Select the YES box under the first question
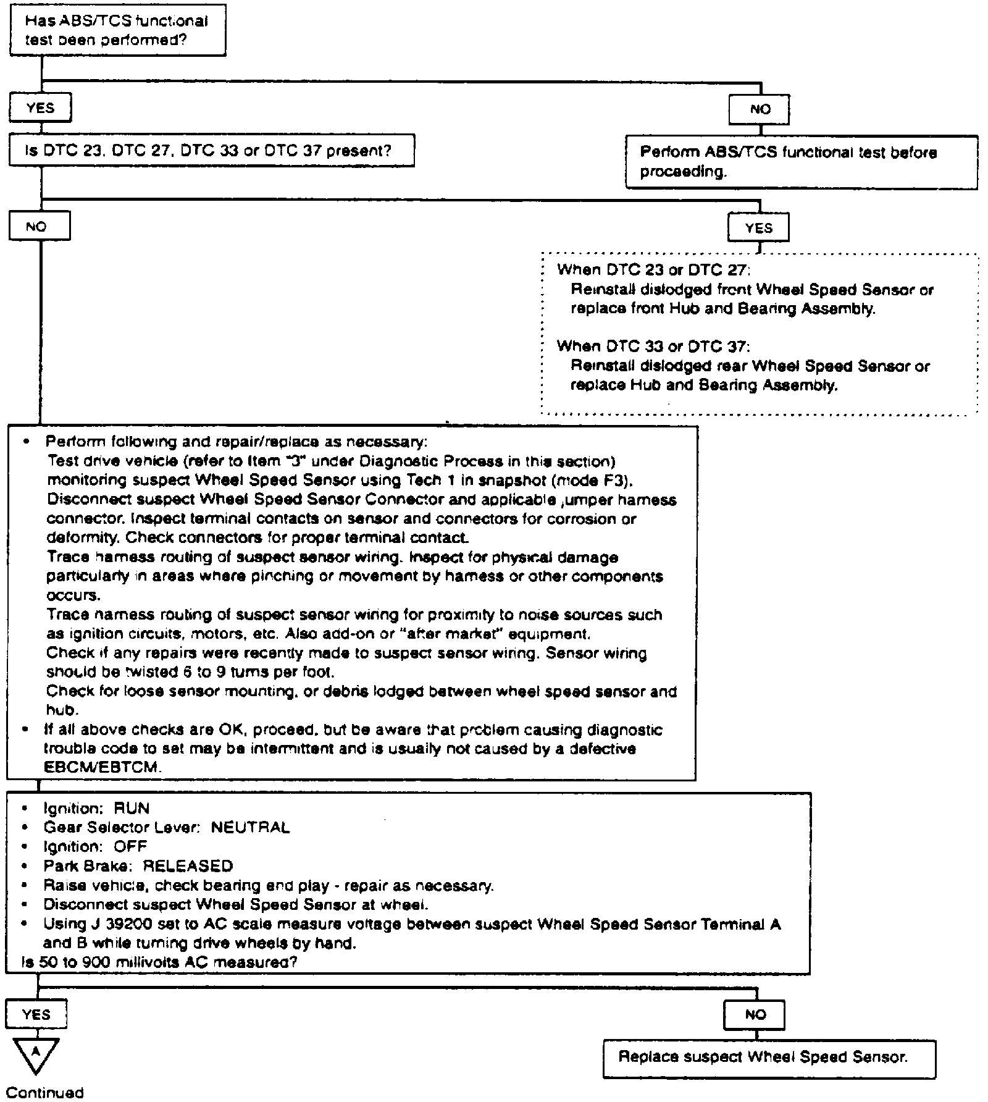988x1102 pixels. point(40,109)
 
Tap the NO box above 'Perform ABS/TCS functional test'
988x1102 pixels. point(759,110)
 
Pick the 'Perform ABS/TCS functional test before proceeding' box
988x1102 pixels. point(801,162)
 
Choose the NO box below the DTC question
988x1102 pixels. point(39,227)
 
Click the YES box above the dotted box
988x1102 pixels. point(758,229)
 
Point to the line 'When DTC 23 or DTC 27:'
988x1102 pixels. point(653,270)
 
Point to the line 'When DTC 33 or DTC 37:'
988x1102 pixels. point(653,347)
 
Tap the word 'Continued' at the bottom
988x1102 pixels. point(44,1092)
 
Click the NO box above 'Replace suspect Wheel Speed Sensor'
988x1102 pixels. point(755,1015)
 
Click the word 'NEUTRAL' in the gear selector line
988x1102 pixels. point(250,827)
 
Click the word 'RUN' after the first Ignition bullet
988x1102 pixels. point(132,809)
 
